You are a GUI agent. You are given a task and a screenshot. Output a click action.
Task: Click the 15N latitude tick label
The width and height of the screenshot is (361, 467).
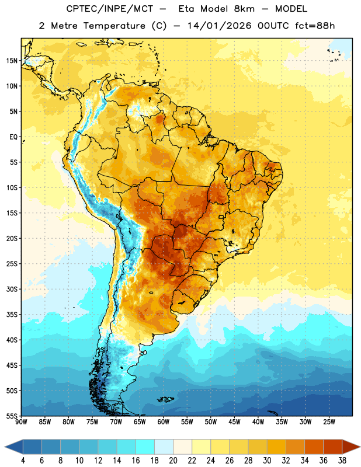tap(12, 61)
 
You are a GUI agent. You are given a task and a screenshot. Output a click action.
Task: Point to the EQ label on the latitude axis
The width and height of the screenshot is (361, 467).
tap(13, 137)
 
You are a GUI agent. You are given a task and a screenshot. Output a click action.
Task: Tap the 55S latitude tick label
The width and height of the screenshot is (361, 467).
tap(12, 416)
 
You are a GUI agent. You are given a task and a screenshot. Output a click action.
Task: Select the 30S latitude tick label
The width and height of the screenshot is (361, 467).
tap(12, 289)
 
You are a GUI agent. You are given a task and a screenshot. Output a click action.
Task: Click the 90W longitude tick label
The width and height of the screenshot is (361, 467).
tap(21, 422)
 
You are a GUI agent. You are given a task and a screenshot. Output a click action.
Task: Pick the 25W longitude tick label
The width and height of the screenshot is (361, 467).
tap(329, 422)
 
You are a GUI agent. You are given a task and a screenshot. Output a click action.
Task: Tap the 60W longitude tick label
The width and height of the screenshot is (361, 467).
tap(164, 422)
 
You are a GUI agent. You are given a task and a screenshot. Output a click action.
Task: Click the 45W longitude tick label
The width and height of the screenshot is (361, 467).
tap(234, 422)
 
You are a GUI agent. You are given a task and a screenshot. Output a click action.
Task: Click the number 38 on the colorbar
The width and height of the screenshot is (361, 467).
tap(342, 461)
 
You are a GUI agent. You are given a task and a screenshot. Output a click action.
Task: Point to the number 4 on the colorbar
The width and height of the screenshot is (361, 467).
tap(23, 461)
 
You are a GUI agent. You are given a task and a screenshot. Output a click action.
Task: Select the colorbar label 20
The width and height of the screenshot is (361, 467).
tap(173, 461)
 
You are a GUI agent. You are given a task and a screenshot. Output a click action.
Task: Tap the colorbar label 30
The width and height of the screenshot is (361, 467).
tap(267, 461)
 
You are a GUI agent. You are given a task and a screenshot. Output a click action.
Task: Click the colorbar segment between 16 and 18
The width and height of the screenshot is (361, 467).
tap(145, 447)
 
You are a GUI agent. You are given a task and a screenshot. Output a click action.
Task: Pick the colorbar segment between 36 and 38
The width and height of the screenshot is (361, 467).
tap(333, 447)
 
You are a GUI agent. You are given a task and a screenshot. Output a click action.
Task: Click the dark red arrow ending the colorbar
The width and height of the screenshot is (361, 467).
tap(351, 447)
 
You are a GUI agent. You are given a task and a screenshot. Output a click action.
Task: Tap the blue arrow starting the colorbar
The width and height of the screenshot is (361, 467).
tap(13, 447)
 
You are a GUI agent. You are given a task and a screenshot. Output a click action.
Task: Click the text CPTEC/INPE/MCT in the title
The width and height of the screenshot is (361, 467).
tap(110, 9)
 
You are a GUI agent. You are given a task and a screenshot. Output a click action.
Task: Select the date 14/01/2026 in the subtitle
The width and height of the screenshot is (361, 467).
tap(220, 26)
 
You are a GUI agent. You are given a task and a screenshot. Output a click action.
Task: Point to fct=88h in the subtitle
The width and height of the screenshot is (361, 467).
tap(315, 26)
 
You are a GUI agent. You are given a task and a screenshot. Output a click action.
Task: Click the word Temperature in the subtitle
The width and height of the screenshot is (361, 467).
tap(114, 26)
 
